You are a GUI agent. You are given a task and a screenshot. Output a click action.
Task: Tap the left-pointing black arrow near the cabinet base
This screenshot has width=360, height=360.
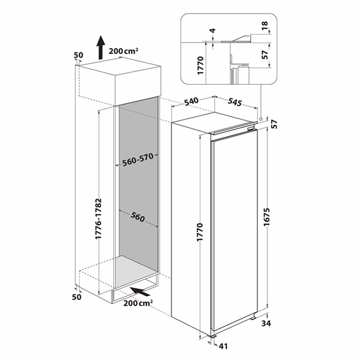pyautogui.click(x=139, y=291)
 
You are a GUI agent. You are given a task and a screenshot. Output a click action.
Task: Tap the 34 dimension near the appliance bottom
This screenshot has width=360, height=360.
pyautogui.click(x=266, y=324)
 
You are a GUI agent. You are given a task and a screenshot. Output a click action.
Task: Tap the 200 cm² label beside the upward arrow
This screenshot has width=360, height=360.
pyautogui.click(x=124, y=51)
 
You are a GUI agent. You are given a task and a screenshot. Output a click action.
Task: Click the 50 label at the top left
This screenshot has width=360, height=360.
pyautogui.click(x=77, y=56)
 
